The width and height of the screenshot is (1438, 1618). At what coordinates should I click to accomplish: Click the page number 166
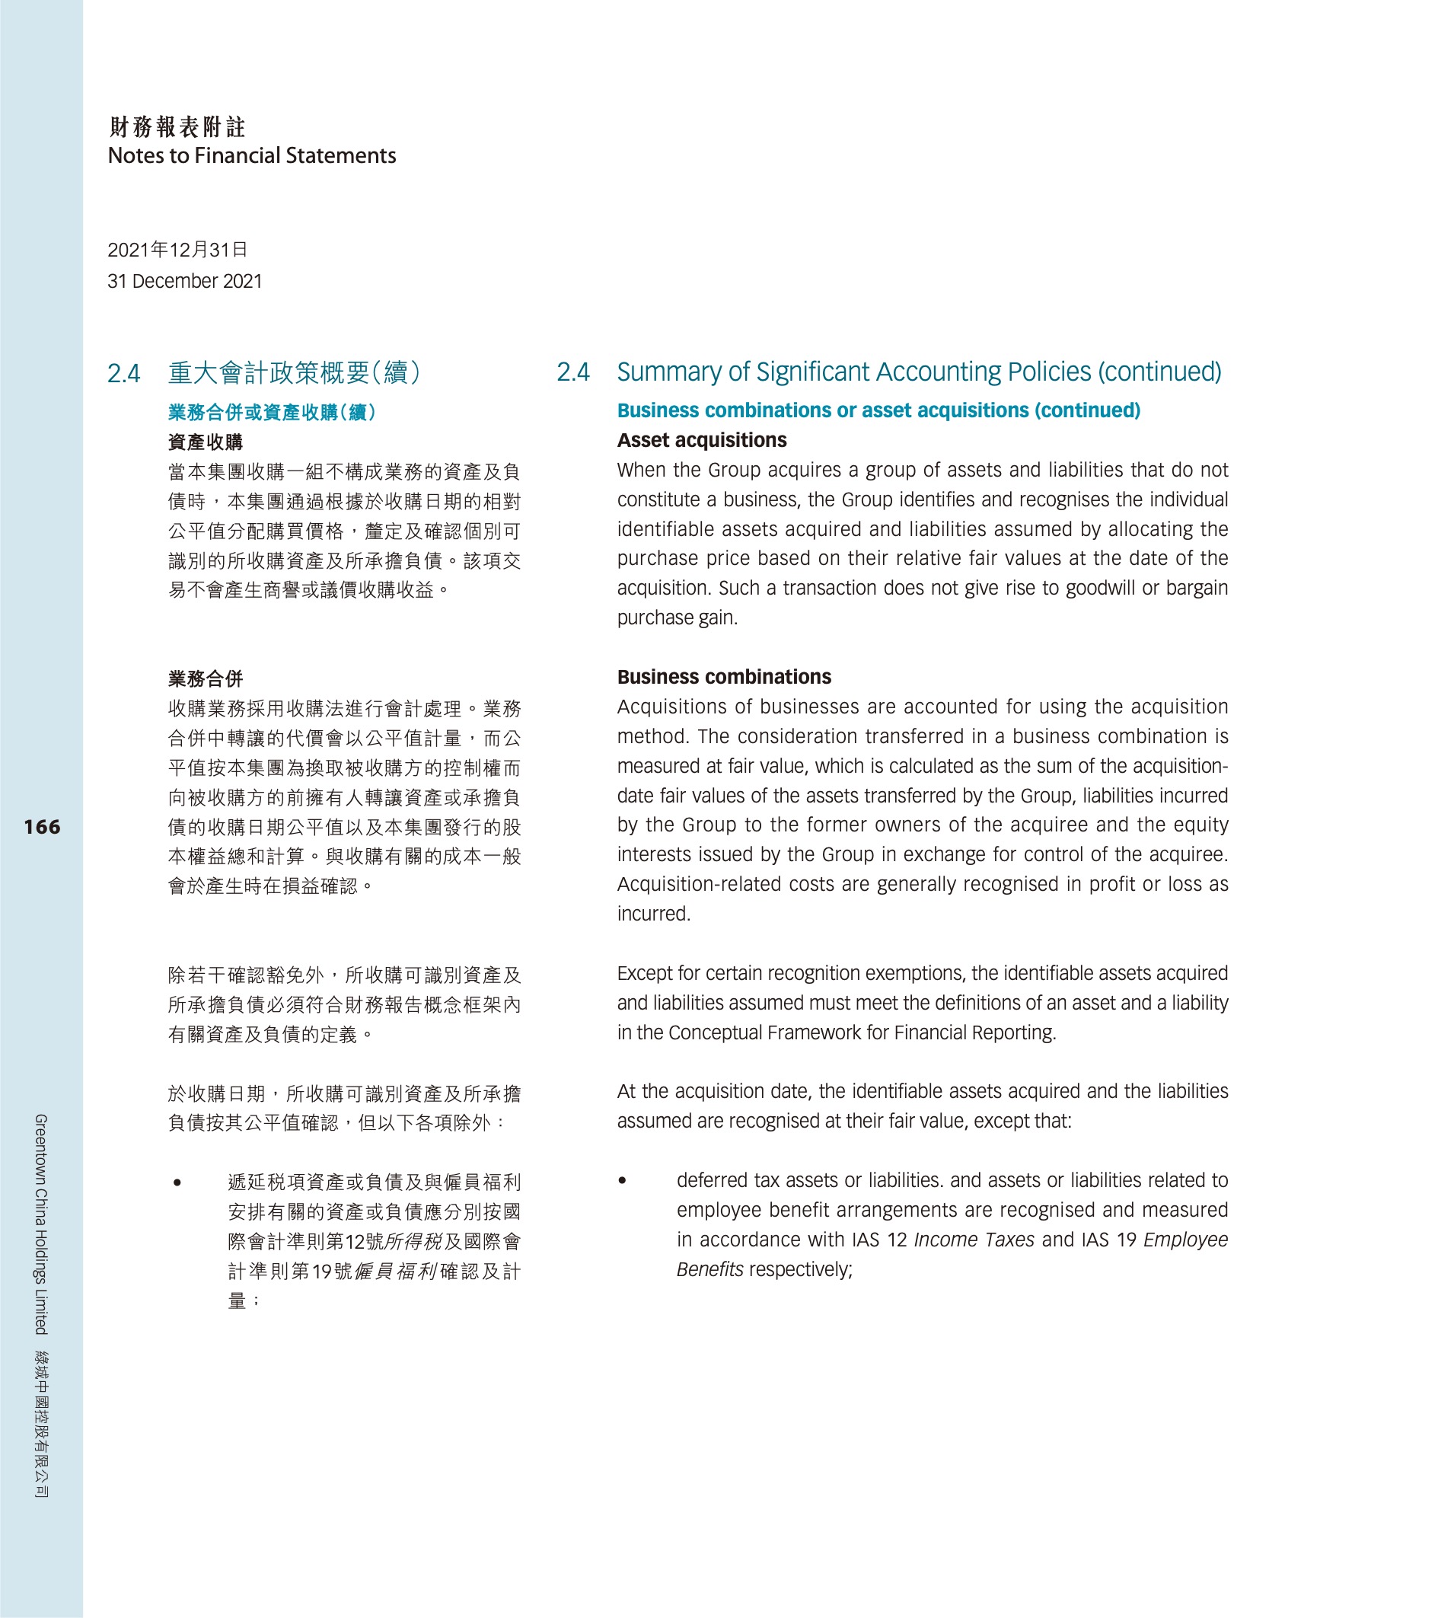coord(42,827)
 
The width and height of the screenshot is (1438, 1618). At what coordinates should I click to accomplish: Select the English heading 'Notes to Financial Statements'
coord(252,156)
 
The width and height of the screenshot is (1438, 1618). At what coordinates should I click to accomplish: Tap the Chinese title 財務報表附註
coord(177,126)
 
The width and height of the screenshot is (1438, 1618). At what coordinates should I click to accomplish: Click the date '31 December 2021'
coord(184,281)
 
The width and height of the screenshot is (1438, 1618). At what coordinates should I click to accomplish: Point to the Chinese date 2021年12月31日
coord(177,251)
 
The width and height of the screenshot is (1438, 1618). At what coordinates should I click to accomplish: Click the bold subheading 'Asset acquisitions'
coord(701,440)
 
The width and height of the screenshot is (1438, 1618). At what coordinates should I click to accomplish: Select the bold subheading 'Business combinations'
coord(723,677)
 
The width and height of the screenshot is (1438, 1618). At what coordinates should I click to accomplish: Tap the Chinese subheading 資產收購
coord(205,442)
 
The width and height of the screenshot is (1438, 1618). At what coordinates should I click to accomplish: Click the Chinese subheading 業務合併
coord(205,678)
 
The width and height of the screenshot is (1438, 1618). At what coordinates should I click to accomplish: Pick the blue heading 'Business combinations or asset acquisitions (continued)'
coord(878,410)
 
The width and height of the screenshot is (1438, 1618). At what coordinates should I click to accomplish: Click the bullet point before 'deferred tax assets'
coord(622,1180)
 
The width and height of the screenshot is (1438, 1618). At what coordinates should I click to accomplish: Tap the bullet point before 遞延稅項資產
coord(177,1182)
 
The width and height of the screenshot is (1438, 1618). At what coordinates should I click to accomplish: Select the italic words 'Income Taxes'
coord(973,1240)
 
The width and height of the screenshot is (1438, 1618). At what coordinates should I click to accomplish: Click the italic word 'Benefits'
coord(709,1269)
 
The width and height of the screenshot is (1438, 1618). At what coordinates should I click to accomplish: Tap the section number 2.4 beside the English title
coord(572,372)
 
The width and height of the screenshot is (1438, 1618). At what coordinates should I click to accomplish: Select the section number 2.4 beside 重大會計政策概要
coord(123,374)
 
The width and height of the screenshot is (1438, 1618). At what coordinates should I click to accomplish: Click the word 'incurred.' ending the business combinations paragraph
coord(654,914)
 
